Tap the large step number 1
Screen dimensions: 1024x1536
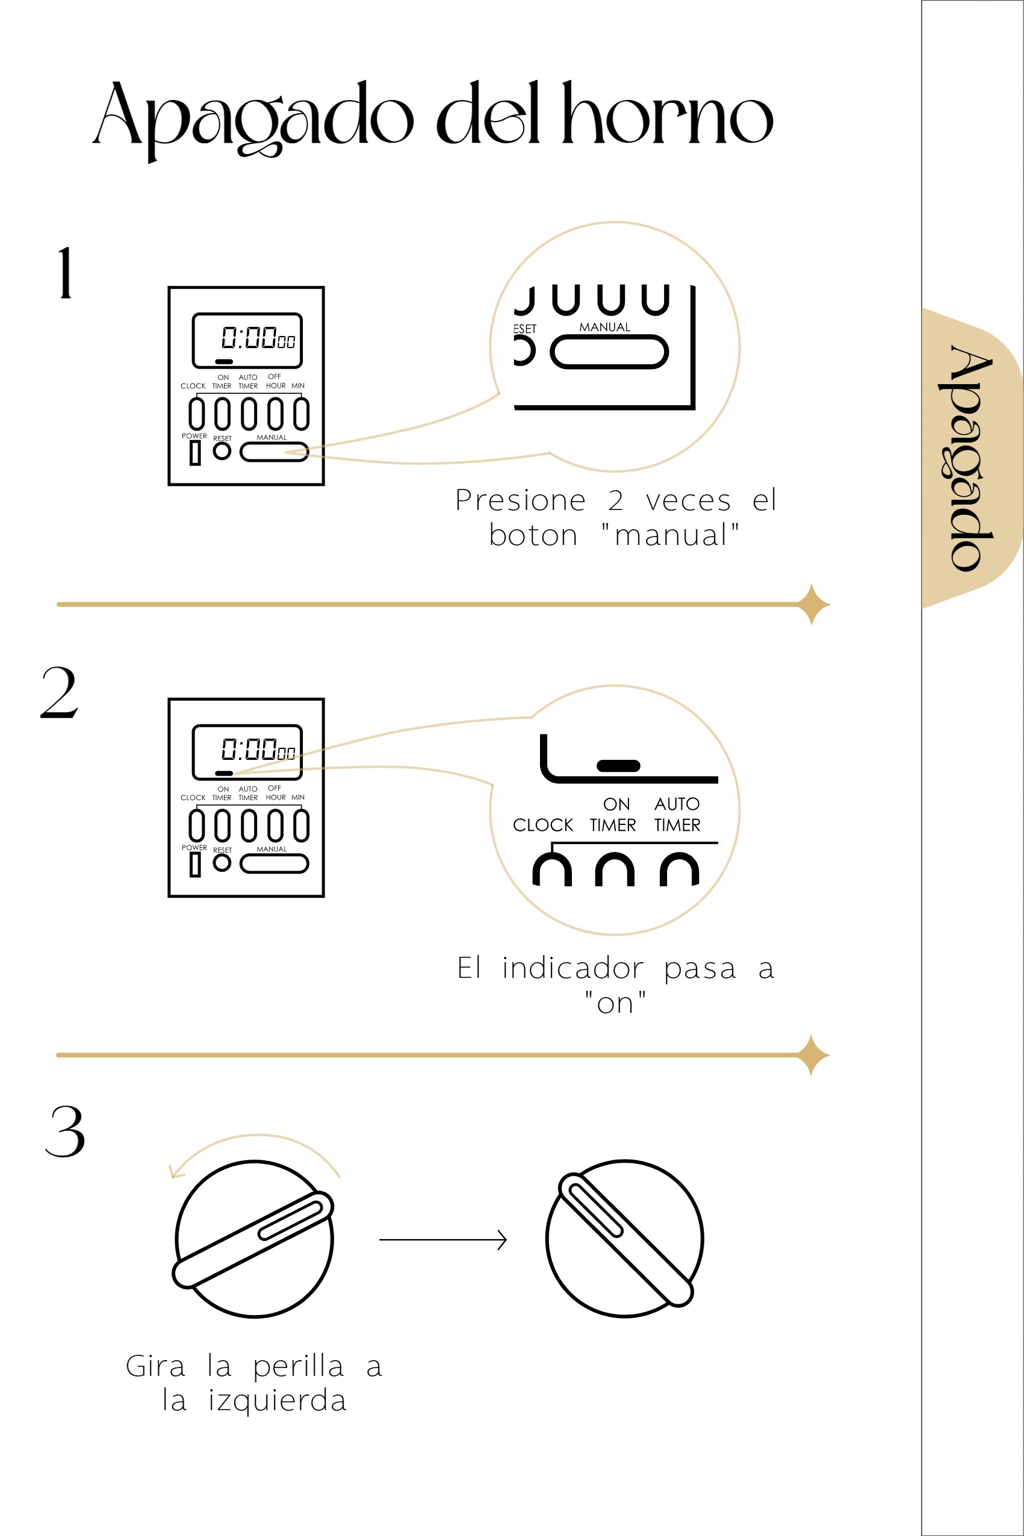pyautogui.click(x=65, y=273)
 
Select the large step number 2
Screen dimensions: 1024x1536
pyautogui.click(x=60, y=693)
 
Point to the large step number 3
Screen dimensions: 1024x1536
pyautogui.click(x=64, y=1131)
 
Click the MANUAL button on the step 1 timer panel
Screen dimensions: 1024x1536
pyautogui.click(x=275, y=452)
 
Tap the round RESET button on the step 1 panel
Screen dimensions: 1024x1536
pyautogui.click(x=222, y=450)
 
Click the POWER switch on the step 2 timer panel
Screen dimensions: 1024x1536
pyautogui.click(x=194, y=865)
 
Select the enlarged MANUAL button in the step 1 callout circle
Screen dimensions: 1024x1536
pyautogui.click(x=609, y=352)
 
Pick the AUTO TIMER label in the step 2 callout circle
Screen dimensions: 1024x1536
pyautogui.click(x=677, y=815)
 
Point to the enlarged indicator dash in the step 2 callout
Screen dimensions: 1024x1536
pyautogui.click(x=618, y=765)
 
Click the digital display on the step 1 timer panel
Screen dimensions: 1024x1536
pyautogui.click(x=247, y=340)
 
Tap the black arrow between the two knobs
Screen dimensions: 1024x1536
pyautogui.click(x=443, y=1239)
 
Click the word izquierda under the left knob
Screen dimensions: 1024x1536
pyautogui.click(x=277, y=1401)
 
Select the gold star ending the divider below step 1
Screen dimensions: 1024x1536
pyautogui.click(x=811, y=604)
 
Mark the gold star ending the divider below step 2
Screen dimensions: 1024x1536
pyautogui.click(x=811, y=1055)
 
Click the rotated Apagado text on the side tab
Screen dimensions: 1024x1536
pyautogui.click(x=972, y=458)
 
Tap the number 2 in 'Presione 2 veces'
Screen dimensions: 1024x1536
pyautogui.click(x=616, y=501)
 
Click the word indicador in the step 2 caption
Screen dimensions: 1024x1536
pyautogui.click(x=573, y=968)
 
